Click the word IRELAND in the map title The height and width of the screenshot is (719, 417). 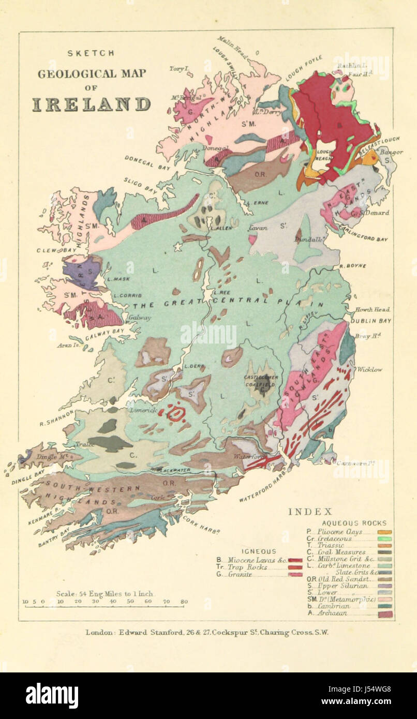coord(92,104)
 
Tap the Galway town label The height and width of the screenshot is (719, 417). coord(140,318)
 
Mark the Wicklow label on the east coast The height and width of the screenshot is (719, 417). coord(369,369)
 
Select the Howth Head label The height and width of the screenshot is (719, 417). coord(373,309)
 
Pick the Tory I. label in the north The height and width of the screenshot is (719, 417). coord(179,68)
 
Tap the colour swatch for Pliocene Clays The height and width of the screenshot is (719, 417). coord(384,532)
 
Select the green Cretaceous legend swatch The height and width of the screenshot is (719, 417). coord(384,539)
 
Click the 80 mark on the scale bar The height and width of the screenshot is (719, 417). coord(184,602)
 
